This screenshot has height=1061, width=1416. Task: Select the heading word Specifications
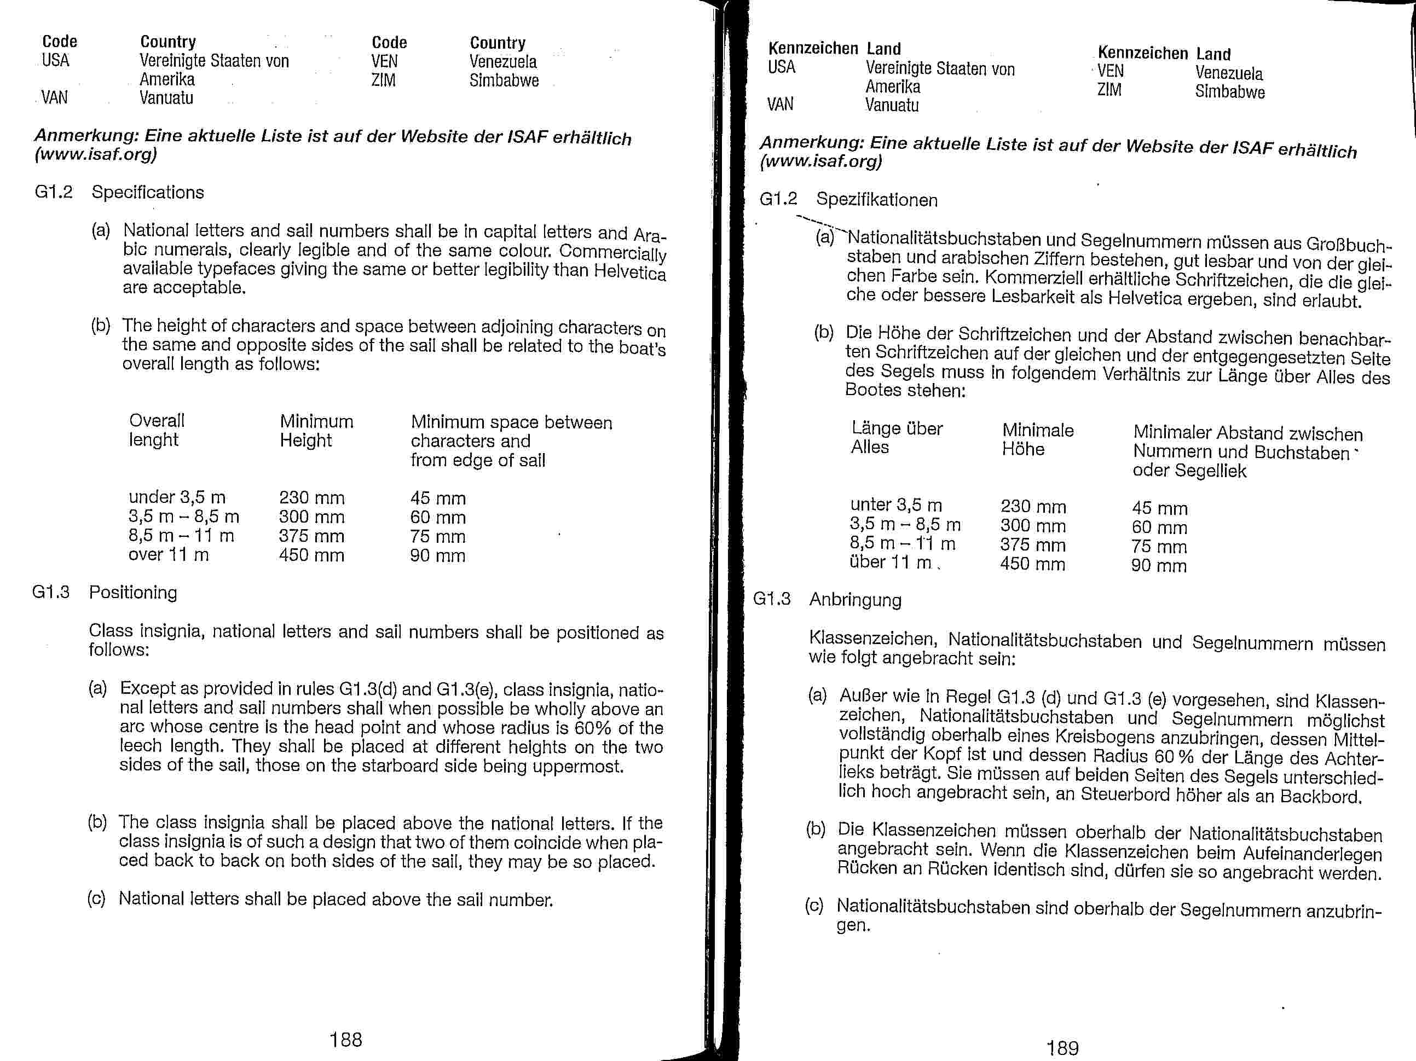[147, 193]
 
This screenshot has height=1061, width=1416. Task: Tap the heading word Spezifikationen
[876, 200]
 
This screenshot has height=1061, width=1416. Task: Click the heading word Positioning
[132, 593]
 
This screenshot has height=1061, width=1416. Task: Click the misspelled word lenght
[153, 440]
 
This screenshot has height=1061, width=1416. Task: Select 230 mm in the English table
[312, 498]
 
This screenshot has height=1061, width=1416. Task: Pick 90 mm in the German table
[1159, 566]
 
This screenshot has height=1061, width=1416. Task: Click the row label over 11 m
[169, 555]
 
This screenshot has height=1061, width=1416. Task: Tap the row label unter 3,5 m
[896, 505]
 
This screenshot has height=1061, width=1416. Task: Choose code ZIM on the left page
[384, 80]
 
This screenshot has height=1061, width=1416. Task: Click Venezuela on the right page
[1229, 73]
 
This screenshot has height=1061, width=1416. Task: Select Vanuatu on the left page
[166, 98]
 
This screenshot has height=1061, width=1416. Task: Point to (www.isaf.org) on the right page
[820, 161]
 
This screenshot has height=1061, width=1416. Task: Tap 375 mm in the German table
[1032, 545]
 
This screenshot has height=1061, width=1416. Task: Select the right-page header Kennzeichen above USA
[812, 49]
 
